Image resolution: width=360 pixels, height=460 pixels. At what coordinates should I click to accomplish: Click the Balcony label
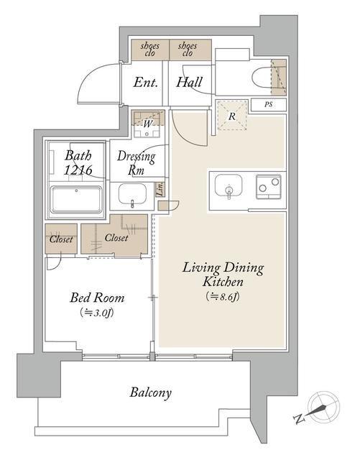[150, 393]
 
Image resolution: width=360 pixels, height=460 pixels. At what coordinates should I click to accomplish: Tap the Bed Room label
[97, 298]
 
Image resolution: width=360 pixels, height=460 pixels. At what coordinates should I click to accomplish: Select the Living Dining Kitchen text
[223, 275]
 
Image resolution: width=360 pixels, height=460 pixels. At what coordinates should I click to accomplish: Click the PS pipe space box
[269, 105]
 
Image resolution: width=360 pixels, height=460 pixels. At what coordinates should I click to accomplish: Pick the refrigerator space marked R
[232, 116]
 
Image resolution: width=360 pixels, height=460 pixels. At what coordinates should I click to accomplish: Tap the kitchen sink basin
[229, 185]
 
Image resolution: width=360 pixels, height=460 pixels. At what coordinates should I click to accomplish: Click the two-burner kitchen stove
[269, 187]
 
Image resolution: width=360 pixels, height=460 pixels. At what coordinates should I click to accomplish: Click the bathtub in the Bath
[77, 199]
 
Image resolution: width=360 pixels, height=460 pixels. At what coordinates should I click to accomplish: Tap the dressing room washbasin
[132, 194]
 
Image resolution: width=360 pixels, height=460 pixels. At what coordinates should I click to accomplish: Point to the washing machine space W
[147, 124]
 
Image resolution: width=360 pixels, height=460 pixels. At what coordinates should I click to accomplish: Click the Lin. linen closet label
[160, 189]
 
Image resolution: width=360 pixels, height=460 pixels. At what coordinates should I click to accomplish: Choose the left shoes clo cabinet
[150, 50]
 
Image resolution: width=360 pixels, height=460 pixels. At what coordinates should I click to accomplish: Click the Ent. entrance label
[146, 83]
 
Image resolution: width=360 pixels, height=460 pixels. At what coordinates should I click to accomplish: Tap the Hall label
[189, 82]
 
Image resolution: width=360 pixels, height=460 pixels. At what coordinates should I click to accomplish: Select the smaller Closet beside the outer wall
[61, 239]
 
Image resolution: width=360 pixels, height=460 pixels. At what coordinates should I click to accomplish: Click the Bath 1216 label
[78, 162]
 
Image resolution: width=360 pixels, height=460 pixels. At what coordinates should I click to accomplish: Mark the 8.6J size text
[223, 297]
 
